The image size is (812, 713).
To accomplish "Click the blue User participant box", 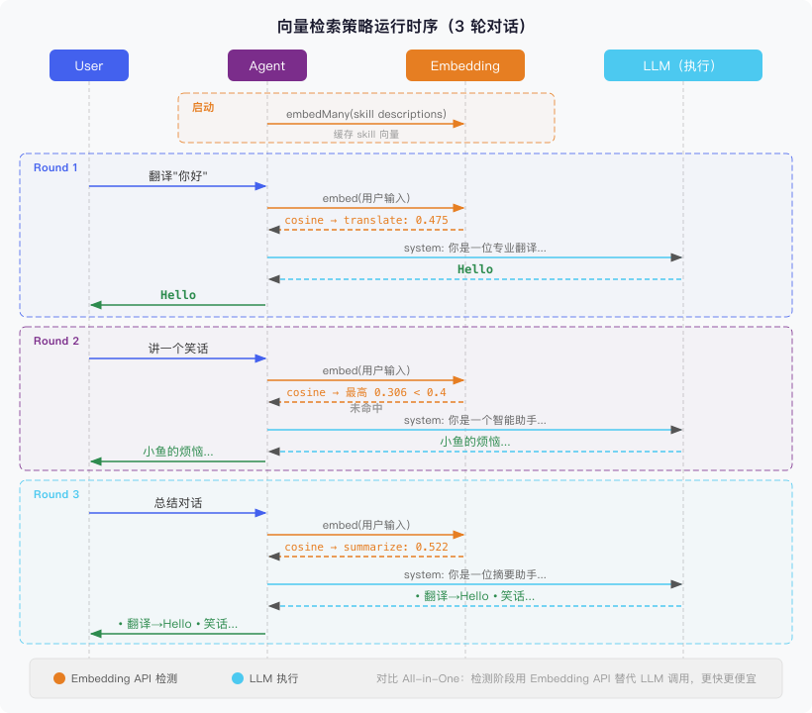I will [89, 66].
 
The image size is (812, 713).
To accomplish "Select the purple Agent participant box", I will [267, 66].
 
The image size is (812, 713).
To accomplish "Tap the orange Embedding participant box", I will [465, 66].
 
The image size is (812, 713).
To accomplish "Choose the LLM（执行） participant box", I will [683, 66].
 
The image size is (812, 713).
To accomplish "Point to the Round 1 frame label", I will [55, 168].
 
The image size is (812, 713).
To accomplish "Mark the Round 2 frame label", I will [55, 341].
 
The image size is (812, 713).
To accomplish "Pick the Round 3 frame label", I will [55, 494].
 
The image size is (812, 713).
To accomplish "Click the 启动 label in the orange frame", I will [202, 107].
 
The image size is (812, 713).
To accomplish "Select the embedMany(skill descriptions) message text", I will [365, 114].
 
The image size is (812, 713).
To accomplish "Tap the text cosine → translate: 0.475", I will [366, 220].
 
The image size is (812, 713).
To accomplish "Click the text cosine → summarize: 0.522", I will [366, 547].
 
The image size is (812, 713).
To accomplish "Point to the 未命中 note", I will [365, 407].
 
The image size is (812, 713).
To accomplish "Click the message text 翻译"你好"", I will [178, 175].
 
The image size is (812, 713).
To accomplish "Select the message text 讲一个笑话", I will [178, 349].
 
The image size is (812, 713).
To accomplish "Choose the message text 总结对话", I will [178, 502].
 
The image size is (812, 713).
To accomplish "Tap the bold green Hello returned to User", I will [178, 295].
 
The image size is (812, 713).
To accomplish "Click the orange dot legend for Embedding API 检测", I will [59, 678].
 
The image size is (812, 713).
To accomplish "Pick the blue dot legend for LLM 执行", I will [238, 678].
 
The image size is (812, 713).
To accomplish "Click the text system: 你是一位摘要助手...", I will [474, 574].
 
